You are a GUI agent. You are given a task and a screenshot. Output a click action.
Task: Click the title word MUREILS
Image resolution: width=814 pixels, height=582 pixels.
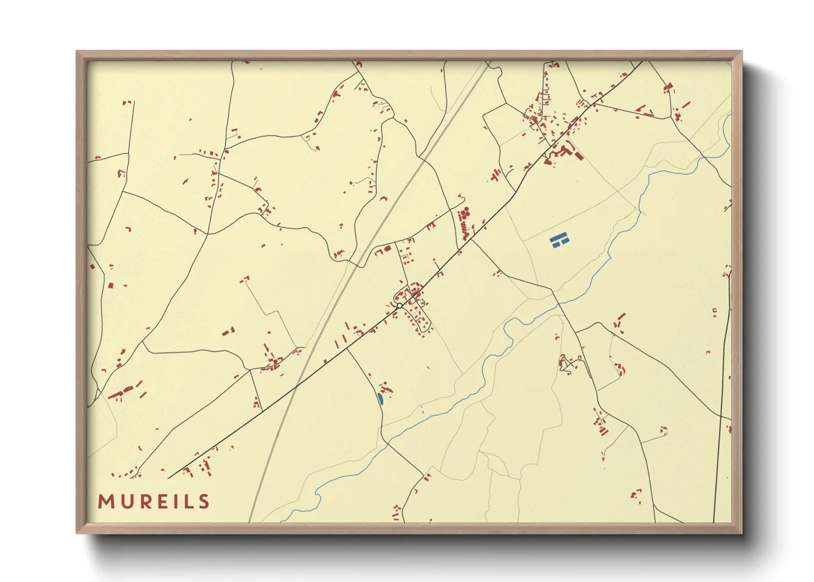(154, 502)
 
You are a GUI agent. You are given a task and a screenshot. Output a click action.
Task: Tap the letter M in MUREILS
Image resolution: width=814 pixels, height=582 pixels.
(106, 502)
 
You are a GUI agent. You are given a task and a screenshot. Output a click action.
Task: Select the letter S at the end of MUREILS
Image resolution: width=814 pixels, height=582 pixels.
(205, 502)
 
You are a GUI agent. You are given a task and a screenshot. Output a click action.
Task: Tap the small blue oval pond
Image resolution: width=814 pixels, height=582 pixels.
(380, 398)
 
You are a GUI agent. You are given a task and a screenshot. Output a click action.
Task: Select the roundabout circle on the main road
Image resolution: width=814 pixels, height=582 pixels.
(400, 305)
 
